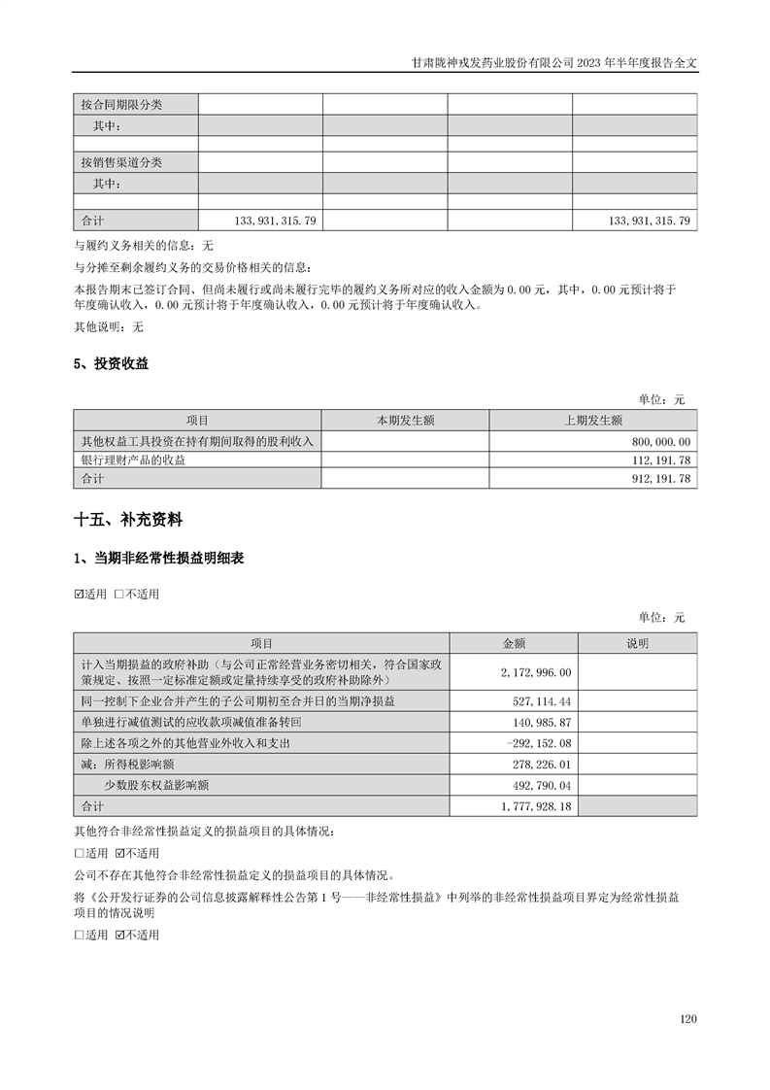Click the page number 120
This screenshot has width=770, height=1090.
pos(688,1019)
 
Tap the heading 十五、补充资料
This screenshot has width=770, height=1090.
pos(128,521)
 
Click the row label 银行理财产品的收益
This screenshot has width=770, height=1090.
pos(133,460)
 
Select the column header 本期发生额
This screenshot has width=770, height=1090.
pos(405,421)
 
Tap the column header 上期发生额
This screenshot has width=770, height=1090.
pos(592,421)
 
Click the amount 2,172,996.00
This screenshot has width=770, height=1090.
pos(536,672)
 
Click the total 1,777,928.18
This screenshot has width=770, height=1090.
pos(533,806)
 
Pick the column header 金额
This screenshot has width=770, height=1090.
pos(514,643)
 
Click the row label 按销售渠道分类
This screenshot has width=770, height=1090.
pos(121,162)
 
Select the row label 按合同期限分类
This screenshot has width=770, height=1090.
pos(121,105)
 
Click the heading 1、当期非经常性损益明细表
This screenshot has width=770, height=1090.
pos(159,560)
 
